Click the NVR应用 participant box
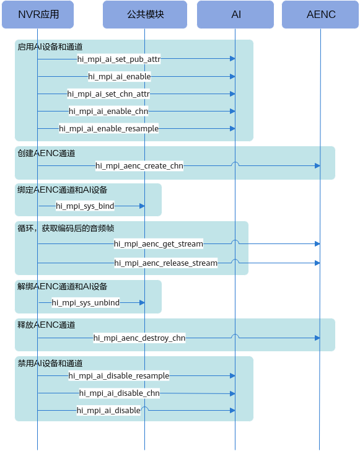pos(38,14)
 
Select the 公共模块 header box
pos(145,14)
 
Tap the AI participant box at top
pos(235,14)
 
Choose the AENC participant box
pos(320,14)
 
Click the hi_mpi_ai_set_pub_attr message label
pos(119,59)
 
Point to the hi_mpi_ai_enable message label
pos(120,77)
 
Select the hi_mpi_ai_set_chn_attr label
pos(108,94)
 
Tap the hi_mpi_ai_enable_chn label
pos(108,111)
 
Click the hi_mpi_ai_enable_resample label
pos(109,129)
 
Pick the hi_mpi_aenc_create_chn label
pos(139,165)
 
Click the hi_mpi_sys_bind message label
pos(85,206)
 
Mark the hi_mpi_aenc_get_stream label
pos(159,244)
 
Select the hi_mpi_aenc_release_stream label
pos(166,263)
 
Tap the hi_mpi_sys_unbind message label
pos(86,302)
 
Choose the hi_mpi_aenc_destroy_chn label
pos(139,338)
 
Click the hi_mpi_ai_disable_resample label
pos(119,375)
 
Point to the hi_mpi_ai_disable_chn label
pos(120,393)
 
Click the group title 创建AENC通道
pos(46,153)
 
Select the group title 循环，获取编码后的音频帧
pos(66,229)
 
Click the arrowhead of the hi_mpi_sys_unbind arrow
pos(142,302)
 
